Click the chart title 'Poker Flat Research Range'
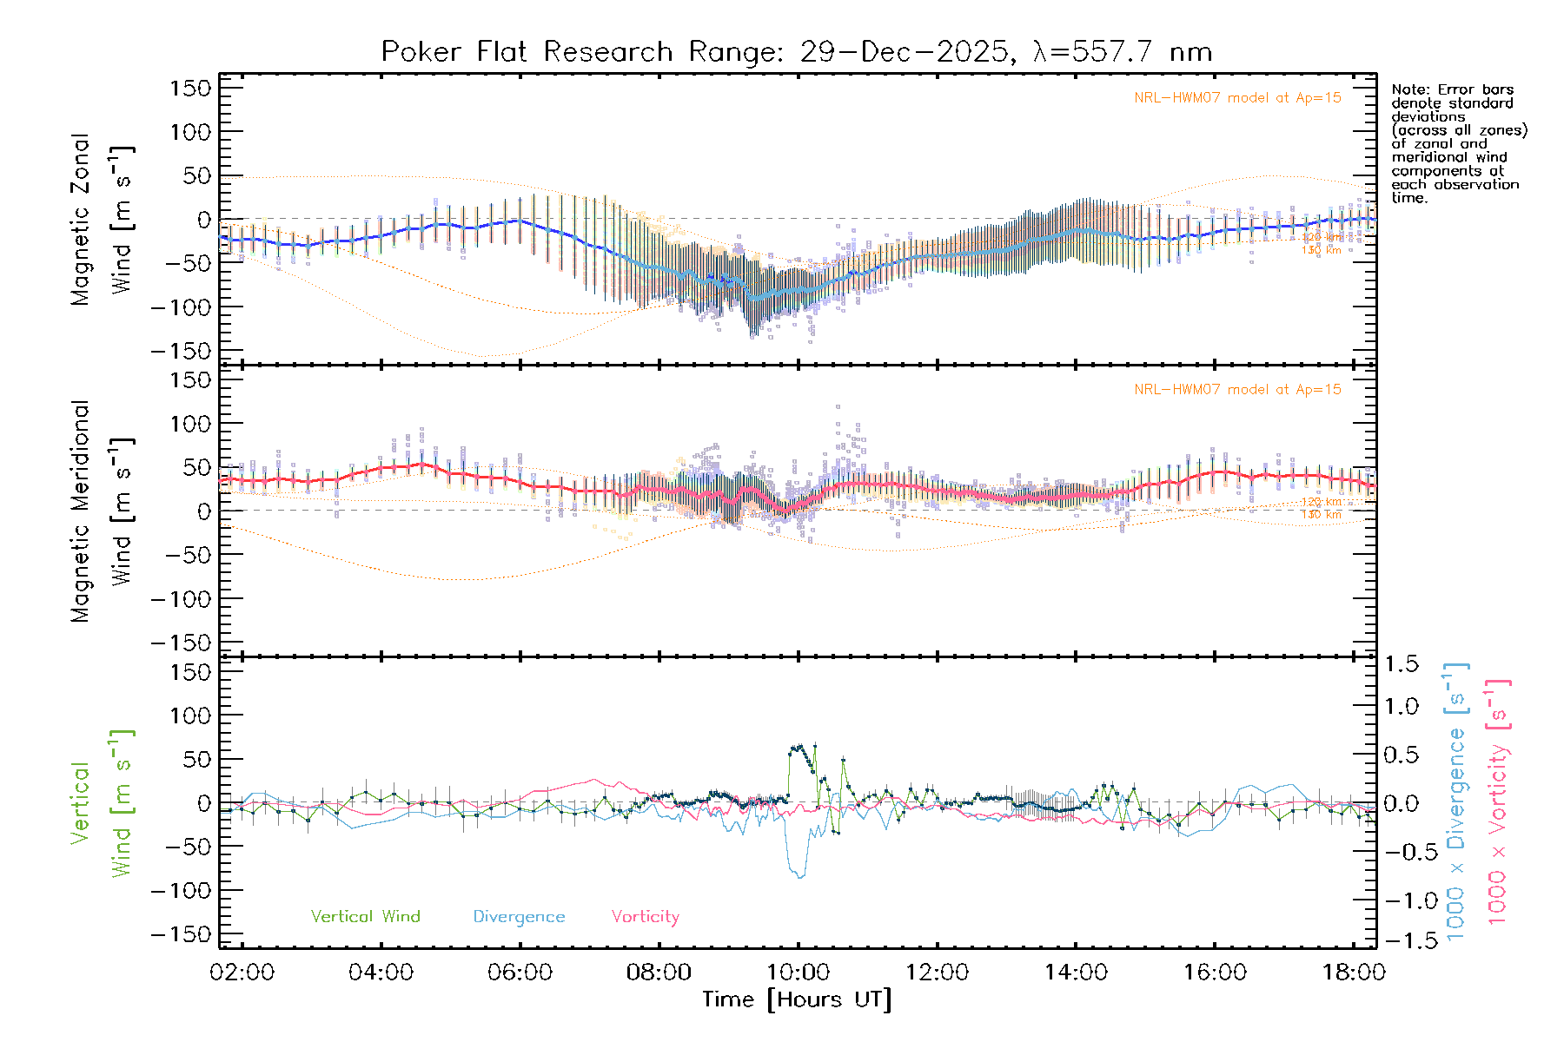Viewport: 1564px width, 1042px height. coord(526,52)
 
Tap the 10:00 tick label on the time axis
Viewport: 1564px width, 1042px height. coord(798,973)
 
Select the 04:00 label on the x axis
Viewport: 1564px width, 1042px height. coord(381,973)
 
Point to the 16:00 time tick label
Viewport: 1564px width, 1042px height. coord(1215,973)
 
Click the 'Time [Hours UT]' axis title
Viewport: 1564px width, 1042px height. coord(797,999)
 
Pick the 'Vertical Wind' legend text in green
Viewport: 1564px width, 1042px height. coord(365,916)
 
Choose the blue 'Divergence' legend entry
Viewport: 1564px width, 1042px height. coord(519,916)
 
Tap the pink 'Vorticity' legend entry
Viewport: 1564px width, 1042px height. coord(645,916)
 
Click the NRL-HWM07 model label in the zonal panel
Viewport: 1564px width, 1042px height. coord(1237,98)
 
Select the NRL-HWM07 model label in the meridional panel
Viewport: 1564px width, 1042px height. coord(1237,390)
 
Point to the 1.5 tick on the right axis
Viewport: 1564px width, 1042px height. coord(1401,664)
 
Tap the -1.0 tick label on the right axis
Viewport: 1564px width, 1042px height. coord(1401,900)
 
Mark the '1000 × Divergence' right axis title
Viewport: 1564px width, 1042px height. coord(1456,801)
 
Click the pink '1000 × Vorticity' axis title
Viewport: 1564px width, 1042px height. coord(1498,801)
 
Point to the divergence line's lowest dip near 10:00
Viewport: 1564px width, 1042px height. coord(800,877)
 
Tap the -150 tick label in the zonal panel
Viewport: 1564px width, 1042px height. coord(182,351)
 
